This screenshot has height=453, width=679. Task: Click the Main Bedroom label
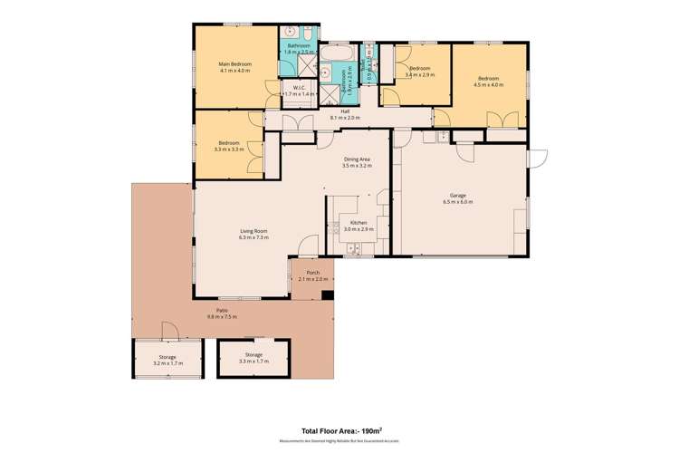click(234, 63)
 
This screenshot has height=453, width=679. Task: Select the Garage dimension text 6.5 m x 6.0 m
click(458, 201)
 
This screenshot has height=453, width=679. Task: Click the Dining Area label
click(358, 160)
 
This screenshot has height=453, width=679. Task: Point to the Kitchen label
click(359, 224)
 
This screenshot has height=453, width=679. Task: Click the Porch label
click(313, 273)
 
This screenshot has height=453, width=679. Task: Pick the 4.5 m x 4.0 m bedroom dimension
click(489, 85)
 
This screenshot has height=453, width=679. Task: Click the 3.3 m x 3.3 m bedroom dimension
click(228, 148)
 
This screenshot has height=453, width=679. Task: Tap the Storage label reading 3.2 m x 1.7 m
click(167, 362)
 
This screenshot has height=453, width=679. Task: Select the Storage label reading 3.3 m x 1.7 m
click(253, 361)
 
